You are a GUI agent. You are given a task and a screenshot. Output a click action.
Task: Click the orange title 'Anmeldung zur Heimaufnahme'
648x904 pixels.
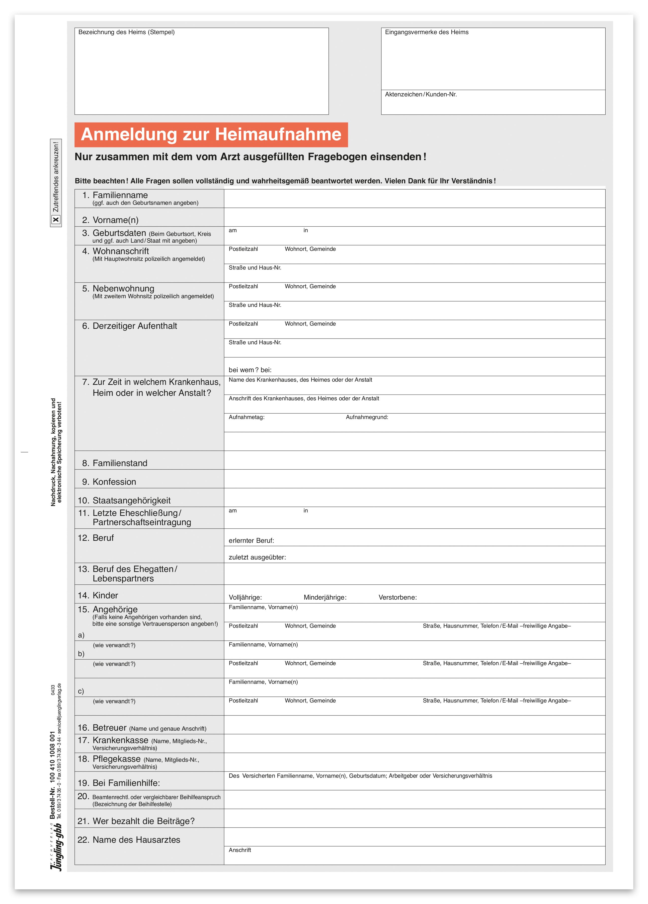pos(211,135)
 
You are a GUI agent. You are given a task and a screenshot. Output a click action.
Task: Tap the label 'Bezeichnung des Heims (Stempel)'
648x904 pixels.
pos(126,32)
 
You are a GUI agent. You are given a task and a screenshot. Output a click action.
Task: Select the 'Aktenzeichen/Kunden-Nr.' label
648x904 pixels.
pos(421,94)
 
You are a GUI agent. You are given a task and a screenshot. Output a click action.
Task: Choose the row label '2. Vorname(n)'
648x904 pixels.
pos(110,220)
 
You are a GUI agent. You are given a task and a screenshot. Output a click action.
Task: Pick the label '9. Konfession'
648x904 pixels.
pos(109,482)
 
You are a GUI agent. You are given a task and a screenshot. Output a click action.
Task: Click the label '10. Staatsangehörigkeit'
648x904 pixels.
pos(124,501)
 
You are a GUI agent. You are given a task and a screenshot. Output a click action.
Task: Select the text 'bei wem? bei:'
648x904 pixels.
pos(250,370)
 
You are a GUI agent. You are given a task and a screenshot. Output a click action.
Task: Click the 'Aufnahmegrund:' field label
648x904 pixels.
pos(367,417)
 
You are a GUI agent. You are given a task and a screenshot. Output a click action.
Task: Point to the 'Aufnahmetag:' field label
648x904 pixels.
pos(246,417)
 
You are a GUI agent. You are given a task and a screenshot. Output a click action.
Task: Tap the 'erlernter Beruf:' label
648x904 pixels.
pos(251,541)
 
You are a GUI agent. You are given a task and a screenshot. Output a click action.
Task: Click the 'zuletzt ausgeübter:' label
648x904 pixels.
pos(257,557)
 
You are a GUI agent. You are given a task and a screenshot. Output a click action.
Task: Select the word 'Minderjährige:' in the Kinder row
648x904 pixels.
pos(325,598)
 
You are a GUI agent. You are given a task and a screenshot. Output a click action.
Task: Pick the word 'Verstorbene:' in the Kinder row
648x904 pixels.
pos(398,598)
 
